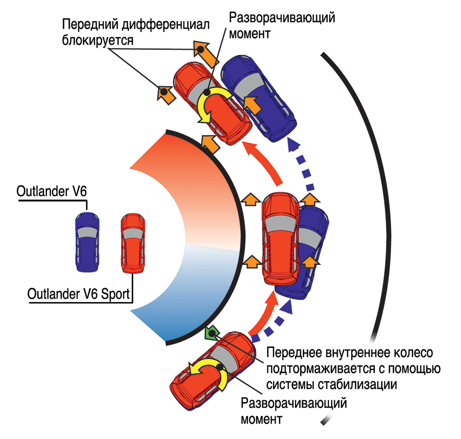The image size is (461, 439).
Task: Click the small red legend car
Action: click(133, 244)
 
